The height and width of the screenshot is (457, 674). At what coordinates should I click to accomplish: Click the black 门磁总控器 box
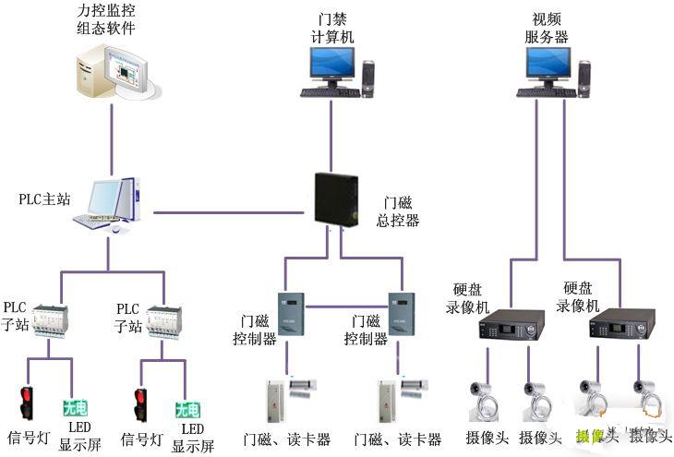337,197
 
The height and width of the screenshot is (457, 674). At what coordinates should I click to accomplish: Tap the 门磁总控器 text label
398,211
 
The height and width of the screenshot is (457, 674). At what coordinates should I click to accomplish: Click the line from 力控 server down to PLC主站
112,138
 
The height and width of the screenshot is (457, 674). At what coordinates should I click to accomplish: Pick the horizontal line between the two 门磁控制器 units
347,306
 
